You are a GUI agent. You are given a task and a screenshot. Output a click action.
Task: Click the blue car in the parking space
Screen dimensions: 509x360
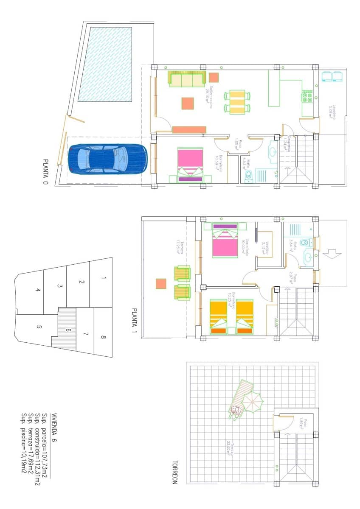(107, 159)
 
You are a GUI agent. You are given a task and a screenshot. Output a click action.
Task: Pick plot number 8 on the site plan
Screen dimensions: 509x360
(104, 338)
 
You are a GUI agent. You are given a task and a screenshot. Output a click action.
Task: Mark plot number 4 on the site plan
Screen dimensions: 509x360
(38, 290)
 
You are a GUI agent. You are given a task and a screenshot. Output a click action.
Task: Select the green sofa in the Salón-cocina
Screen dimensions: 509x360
(186, 79)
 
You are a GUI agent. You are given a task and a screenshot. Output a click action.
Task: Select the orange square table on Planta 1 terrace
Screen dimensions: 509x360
(161, 283)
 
